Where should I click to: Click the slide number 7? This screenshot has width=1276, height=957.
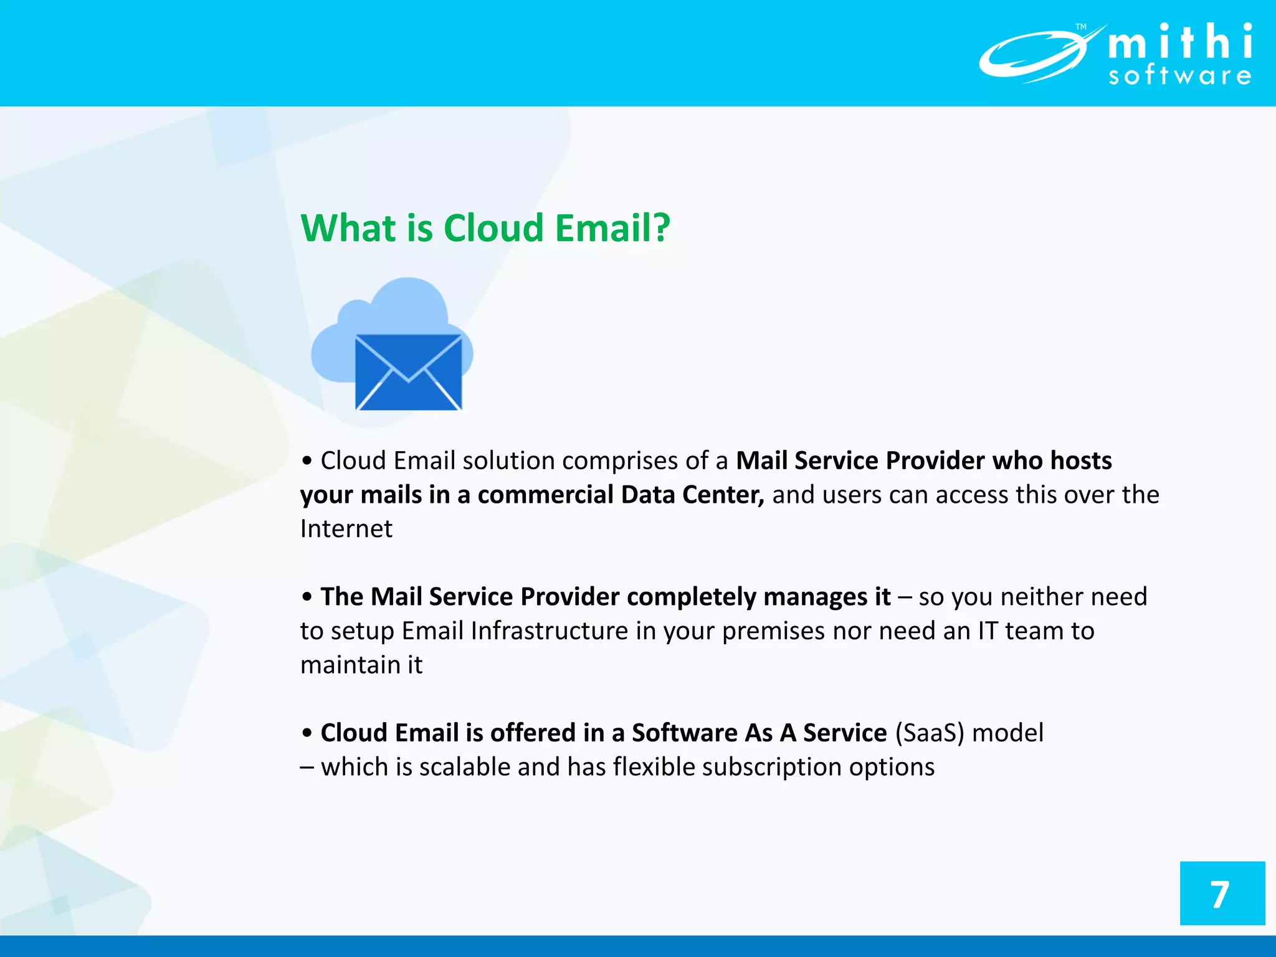coord(1220,895)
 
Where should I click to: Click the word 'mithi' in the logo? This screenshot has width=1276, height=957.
coord(1179,42)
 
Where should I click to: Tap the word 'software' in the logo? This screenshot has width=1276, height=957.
coord(1179,76)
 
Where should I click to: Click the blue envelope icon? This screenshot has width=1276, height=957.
coord(408,373)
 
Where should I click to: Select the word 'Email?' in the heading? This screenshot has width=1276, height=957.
coord(612,228)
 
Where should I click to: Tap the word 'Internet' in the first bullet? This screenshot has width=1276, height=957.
coord(346,529)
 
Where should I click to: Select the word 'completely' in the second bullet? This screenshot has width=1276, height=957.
coord(691,597)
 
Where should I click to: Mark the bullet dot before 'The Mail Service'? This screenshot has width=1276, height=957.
coord(307,597)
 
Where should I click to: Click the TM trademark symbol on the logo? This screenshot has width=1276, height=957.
coord(1081,27)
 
